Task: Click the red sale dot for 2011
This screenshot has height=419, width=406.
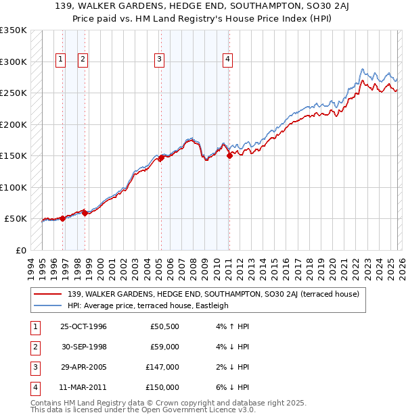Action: (229, 155)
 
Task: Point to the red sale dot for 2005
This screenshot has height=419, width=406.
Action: (161, 158)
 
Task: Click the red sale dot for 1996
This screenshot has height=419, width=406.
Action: (63, 218)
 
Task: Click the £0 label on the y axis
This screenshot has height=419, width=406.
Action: (20, 250)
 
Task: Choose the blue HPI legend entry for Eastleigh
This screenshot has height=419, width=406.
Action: (148, 305)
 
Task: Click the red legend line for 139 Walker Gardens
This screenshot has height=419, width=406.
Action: (49, 294)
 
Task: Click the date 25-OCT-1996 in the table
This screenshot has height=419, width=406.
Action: (84, 326)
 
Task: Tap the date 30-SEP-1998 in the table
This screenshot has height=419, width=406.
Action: (83, 348)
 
